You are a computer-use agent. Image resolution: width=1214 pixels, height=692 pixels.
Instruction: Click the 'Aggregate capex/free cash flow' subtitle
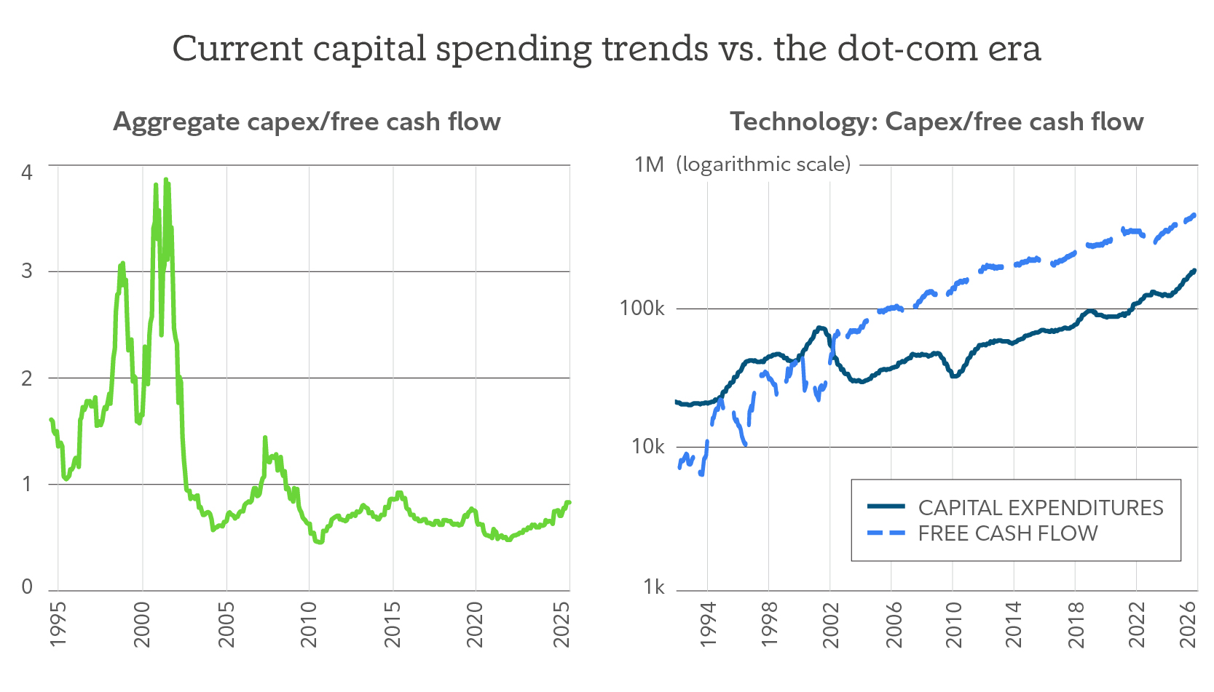[x=307, y=122]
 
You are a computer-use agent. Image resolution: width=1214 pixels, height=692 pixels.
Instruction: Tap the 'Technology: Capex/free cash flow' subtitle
[x=937, y=122]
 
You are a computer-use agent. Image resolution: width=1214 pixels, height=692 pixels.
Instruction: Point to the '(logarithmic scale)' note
[x=762, y=164]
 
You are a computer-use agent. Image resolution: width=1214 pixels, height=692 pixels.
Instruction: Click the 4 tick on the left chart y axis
[x=28, y=172]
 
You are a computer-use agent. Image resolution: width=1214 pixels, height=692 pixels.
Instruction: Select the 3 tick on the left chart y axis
[x=28, y=271]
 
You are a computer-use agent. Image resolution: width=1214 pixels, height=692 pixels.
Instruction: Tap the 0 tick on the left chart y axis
[x=28, y=586]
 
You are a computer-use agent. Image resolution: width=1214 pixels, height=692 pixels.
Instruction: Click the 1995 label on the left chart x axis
[x=58, y=624]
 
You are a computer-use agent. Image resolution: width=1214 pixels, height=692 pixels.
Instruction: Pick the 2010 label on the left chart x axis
[x=309, y=624]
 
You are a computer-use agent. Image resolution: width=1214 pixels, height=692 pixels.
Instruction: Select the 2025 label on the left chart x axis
[x=561, y=624]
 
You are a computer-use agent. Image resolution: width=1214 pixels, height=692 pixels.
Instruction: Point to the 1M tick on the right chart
[x=649, y=164]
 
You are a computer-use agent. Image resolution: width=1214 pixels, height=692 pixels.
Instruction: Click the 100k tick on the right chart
[x=642, y=309]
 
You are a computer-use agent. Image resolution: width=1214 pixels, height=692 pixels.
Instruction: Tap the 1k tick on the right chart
[x=653, y=586]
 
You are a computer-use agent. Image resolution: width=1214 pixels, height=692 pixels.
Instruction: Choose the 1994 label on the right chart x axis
[x=708, y=624]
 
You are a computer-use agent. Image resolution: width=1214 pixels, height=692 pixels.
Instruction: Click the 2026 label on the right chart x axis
[x=1188, y=624]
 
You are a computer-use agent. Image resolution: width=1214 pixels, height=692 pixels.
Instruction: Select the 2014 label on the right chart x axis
[x=1012, y=624]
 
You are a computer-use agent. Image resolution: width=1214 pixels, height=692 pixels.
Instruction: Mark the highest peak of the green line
[x=166, y=179]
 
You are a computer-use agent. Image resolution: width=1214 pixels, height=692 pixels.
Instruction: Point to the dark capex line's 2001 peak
[x=821, y=327]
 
